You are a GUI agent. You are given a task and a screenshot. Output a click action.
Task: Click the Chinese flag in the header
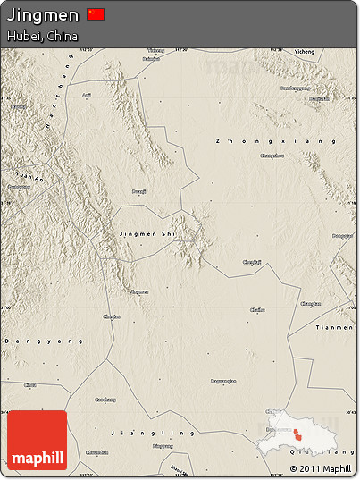(96, 13)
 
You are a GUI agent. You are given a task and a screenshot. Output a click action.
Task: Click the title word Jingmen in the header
(42, 14)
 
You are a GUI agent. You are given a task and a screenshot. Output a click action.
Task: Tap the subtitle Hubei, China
(42, 36)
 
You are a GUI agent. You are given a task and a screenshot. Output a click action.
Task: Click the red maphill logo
(36, 441)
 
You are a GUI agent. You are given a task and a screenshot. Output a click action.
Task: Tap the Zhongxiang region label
(277, 141)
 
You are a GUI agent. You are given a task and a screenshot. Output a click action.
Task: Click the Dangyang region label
(44, 341)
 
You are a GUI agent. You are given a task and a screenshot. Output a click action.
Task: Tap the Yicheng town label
(305, 52)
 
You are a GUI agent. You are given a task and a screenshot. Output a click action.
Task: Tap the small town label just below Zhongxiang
(272, 156)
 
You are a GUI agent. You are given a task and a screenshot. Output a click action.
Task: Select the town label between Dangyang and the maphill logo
(30, 384)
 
